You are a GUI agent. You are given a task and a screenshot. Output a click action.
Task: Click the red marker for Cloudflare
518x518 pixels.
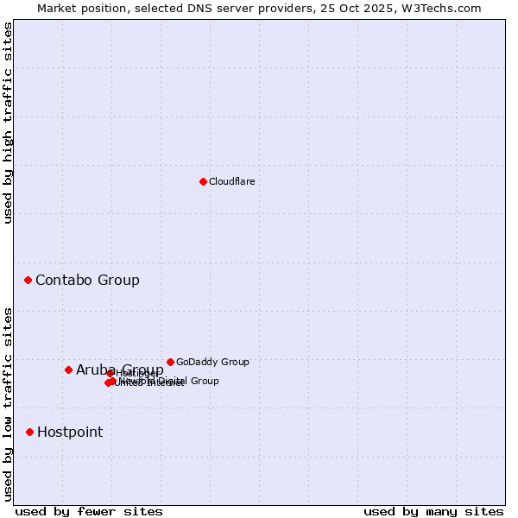(x=203, y=181)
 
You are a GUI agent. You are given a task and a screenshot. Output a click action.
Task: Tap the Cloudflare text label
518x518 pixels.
(x=231, y=181)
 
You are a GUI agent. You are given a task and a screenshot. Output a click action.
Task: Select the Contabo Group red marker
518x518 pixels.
(x=28, y=280)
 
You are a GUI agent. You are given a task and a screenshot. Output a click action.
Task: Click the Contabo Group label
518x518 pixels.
(x=87, y=280)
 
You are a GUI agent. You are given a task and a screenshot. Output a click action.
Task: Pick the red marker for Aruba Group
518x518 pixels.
(x=68, y=370)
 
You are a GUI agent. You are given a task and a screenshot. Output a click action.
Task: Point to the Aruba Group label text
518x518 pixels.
(x=119, y=370)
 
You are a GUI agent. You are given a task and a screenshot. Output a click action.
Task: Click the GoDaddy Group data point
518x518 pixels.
(x=170, y=362)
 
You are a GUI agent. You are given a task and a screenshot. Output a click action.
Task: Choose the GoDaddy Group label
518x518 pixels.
(x=212, y=362)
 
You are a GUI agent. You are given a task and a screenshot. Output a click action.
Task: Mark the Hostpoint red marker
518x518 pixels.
(x=30, y=432)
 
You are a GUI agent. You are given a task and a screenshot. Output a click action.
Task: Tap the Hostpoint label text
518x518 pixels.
(x=70, y=432)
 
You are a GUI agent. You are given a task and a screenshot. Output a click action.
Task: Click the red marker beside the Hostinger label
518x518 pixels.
(x=111, y=373)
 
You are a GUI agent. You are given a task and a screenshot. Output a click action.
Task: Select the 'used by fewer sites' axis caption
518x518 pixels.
(x=89, y=511)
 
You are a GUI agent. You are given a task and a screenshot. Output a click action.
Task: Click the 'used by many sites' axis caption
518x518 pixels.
(x=433, y=511)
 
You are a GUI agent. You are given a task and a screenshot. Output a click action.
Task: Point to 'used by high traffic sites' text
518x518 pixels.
(x=8, y=123)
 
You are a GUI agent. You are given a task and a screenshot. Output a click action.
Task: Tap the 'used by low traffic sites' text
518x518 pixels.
(x=8, y=404)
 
